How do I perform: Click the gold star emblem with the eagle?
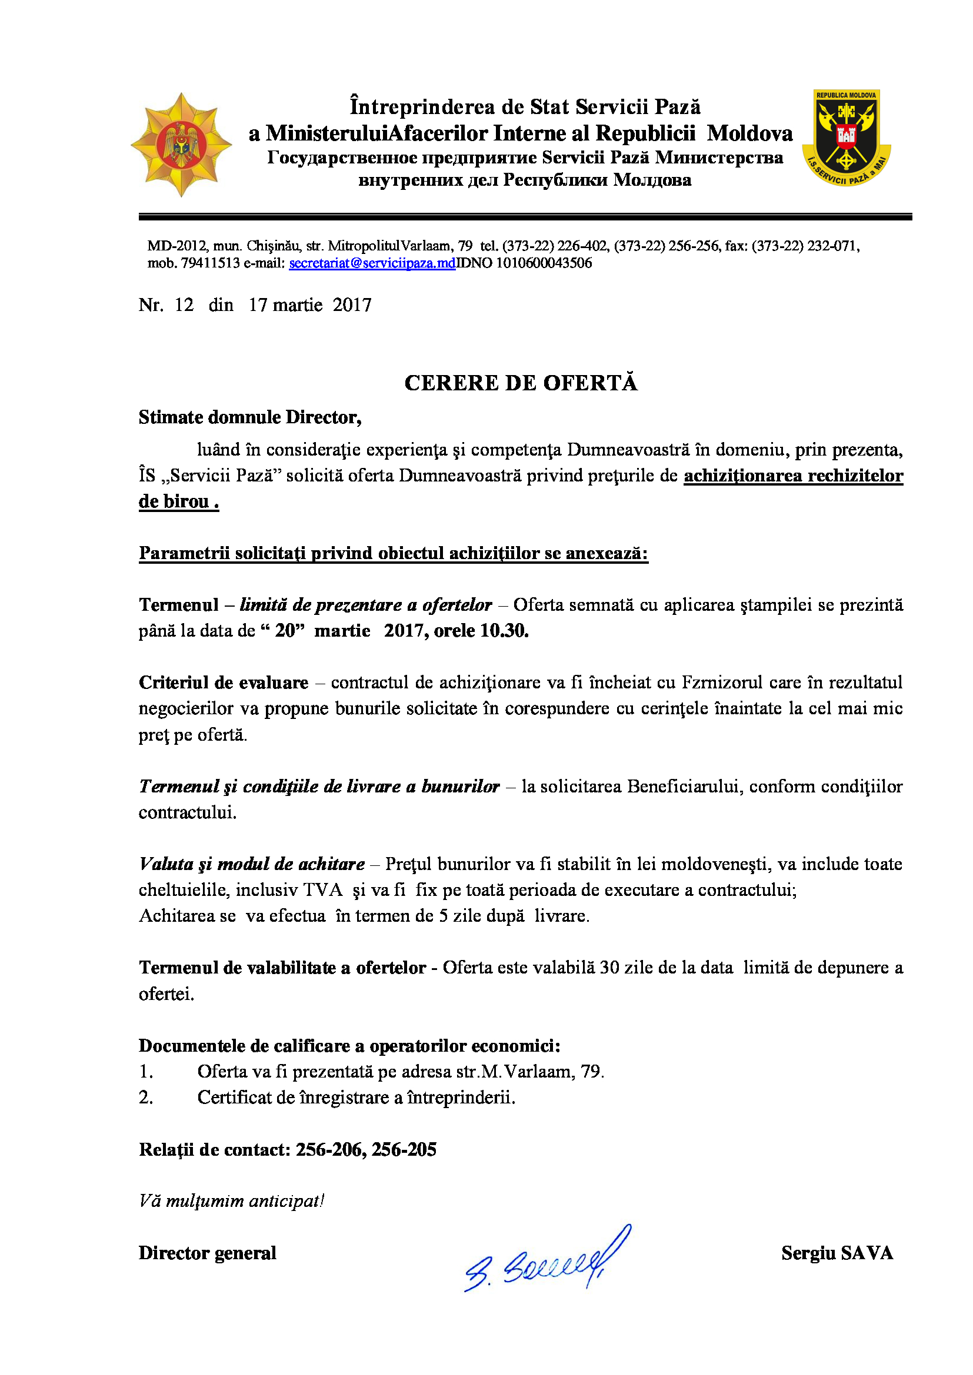click(181, 145)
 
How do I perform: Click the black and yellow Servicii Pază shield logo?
click(846, 138)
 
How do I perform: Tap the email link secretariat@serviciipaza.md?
click(372, 263)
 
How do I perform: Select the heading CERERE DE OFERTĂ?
click(521, 383)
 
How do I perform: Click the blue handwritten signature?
click(547, 1261)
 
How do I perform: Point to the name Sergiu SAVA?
click(837, 1253)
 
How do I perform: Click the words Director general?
click(207, 1253)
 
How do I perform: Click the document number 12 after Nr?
click(184, 305)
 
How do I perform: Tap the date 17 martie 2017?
click(310, 305)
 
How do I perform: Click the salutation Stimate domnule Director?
click(250, 417)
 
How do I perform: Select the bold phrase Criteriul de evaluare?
click(224, 683)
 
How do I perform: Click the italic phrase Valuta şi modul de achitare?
click(252, 864)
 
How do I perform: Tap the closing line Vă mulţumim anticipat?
click(231, 1202)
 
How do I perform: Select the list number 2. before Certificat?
click(145, 1098)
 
